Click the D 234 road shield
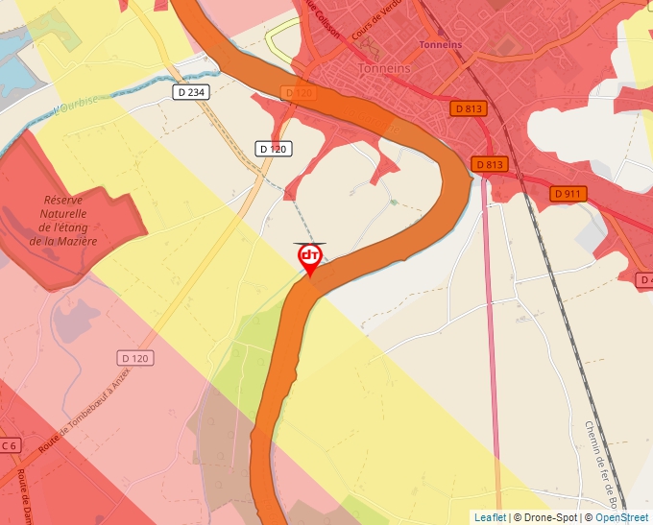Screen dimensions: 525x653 [x=192, y=92]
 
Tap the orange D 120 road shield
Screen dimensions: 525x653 [x=300, y=92]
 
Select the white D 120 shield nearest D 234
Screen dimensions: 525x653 [x=274, y=149]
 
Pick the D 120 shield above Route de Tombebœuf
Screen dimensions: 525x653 [x=136, y=358]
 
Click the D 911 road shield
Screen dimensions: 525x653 [x=568, y=194]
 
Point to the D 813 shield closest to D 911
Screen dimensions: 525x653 [x=488, y=164]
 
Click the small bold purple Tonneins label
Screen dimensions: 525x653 [x=441, y=44]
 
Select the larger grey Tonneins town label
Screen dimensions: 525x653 [x=384, y=69]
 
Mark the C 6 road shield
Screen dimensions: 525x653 [x=10, y=445]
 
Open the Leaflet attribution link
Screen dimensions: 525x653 [x=490, y=517]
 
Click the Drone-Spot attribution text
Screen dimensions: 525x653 [x=548, y=517]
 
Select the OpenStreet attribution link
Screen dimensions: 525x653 [x=621, y=517]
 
